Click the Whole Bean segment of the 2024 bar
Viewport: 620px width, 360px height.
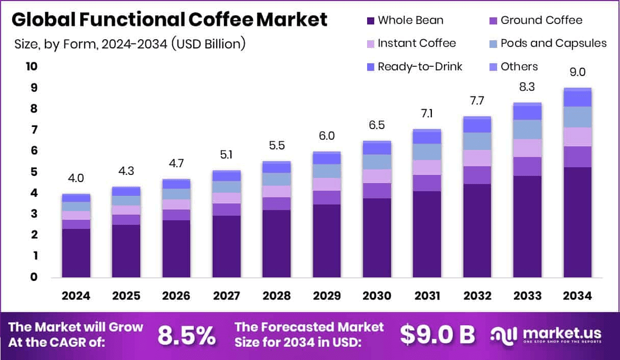[76, 253]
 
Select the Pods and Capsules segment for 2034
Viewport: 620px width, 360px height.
[578, 117]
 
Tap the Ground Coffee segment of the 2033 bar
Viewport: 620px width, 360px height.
[527, 166]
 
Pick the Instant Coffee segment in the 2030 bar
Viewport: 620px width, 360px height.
[377, 176]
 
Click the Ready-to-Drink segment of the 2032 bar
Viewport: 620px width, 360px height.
[477, 125]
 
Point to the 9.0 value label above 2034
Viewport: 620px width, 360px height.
[578, 72]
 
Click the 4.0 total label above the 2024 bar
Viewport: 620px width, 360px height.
[76, 178]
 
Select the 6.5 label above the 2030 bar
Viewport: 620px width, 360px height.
[377, 125]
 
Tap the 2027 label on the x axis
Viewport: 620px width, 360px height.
[226, 296]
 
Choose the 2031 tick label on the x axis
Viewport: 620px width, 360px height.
[427, 296]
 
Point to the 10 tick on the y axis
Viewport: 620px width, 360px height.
[31, 67]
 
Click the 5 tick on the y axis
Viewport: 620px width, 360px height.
[34, 172]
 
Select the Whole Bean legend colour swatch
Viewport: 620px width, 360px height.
[370, 21]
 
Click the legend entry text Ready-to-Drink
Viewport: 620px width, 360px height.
[420, 67]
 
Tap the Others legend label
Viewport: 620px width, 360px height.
[519, 67]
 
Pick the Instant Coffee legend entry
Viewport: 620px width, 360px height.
[417, 43]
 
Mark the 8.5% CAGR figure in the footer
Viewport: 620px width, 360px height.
[186, 335]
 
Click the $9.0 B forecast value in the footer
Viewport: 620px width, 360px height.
[437, 335]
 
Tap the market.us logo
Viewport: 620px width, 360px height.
[546, 335]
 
